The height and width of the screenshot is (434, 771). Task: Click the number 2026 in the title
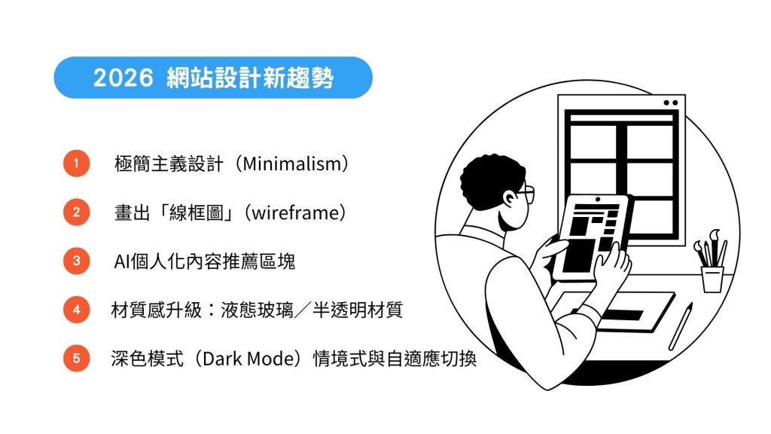click(x=123, y=78)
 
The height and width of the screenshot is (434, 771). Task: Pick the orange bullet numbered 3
click(x=76, y=261)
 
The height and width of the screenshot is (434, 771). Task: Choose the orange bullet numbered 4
click(x=76, y=310)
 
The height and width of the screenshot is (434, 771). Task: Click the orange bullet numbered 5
click(x=76, y=359)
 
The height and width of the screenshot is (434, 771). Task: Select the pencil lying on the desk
click(x=681, y=325)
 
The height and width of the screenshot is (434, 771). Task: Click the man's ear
click(x=511, y=200)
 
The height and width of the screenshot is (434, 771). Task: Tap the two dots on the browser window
click(x=670, y=102)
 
